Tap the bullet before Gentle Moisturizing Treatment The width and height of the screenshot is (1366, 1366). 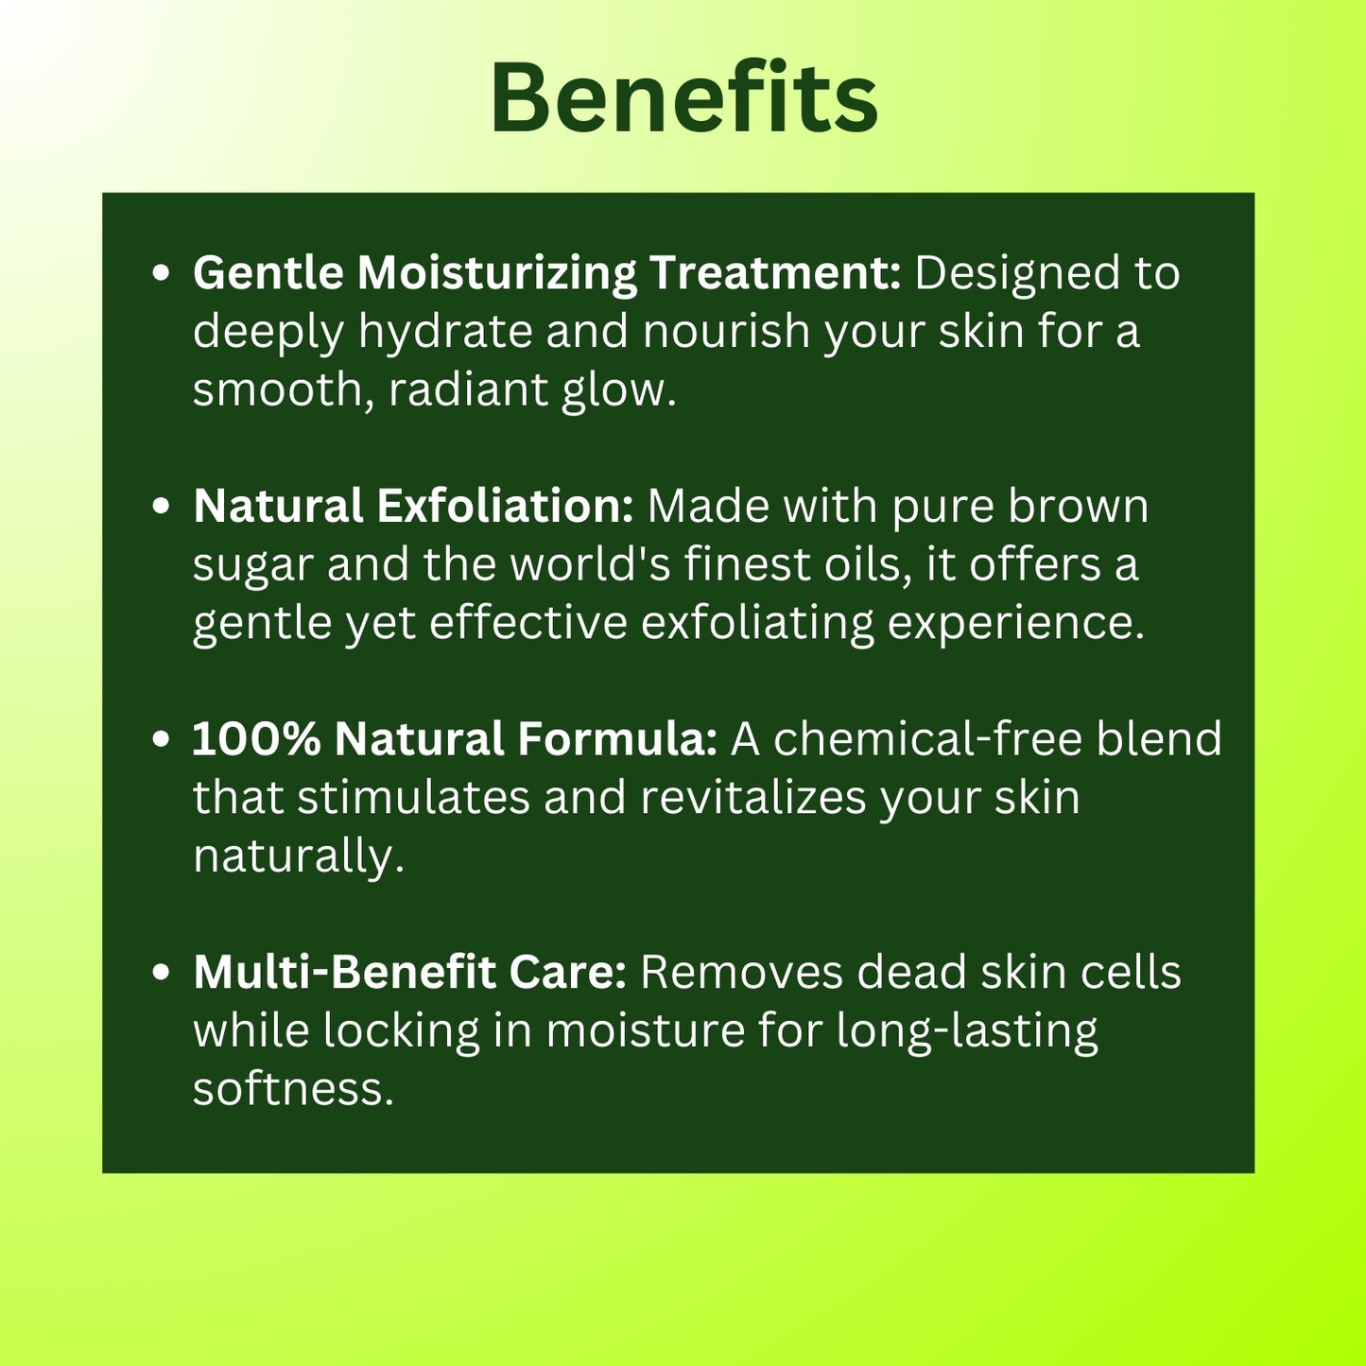coord(162,273)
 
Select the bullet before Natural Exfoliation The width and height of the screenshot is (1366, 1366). coord(162,506)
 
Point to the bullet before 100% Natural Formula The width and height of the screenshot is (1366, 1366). coord(162,738)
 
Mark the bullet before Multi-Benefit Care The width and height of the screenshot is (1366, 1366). coord(162,972)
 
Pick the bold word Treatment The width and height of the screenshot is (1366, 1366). coord(775,272)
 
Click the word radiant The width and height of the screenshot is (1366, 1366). coord(469,389)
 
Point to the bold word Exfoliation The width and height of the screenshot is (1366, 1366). coord(505,506)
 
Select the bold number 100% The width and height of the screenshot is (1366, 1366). coord(256,738)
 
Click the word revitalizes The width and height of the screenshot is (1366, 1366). coord(753,797)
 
